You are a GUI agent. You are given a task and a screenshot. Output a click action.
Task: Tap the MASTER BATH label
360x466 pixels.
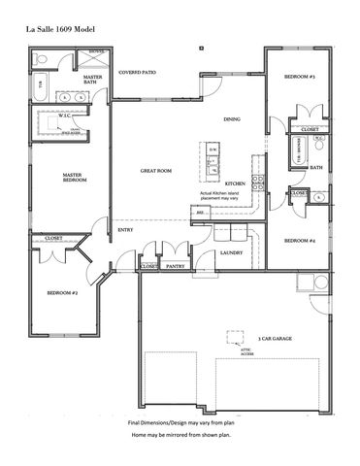[93, 80]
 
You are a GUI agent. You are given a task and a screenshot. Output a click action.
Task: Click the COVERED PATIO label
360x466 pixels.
[137, 72]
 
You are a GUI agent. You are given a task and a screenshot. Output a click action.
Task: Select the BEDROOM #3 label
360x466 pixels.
[300, 76]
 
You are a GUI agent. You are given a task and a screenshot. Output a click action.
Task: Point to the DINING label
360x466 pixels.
[232, 119]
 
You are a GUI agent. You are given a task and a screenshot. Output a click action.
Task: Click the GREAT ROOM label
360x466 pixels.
[155, 171]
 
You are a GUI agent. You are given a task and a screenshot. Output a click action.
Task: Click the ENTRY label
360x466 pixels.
[126, 229]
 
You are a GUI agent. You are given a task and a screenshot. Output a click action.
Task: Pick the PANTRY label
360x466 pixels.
[176, 265]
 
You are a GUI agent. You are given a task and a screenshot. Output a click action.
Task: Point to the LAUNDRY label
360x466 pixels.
[231, 252]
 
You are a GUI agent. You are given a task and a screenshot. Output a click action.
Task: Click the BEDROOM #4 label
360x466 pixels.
[299, 240]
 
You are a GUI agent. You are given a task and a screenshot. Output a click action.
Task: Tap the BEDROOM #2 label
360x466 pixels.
[62, 291]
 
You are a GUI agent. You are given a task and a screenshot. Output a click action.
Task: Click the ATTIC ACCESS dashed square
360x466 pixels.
[234, 336]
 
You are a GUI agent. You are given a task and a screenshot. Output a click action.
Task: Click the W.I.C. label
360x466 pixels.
[63, 116]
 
